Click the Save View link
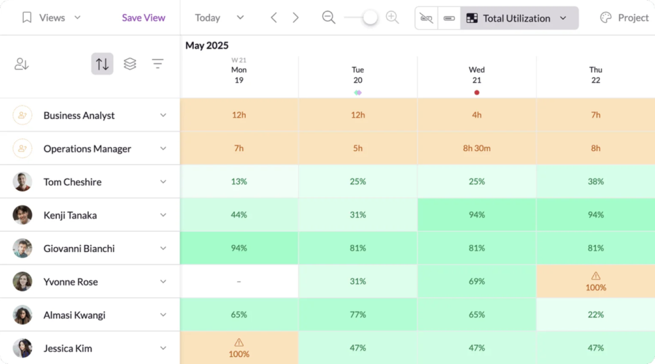(143, 17)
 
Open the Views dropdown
(51, 17)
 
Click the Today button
(208, 17)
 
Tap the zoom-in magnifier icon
(392, 17)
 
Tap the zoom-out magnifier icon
(329, 17)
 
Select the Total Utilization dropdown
(518, 18)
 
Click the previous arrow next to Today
(274, 17)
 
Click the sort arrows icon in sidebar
(102, 64)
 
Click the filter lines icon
(158, 64)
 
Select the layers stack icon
(130, 64)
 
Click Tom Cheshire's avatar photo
(22, 182)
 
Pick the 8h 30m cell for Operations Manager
(476, 148)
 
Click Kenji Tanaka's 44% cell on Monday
(239, 215)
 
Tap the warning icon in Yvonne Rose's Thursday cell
(595, 276)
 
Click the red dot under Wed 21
(476, 93)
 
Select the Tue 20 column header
(358, 74)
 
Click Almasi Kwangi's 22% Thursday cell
(595, 315)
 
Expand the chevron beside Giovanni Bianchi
(163, 248)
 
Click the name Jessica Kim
(67, 348)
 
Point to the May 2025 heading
(206, 46)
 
